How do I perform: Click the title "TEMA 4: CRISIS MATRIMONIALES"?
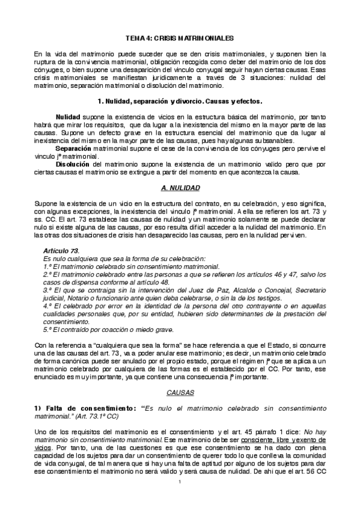tap(180, 37)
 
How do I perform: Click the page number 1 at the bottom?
tap(180, 499)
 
